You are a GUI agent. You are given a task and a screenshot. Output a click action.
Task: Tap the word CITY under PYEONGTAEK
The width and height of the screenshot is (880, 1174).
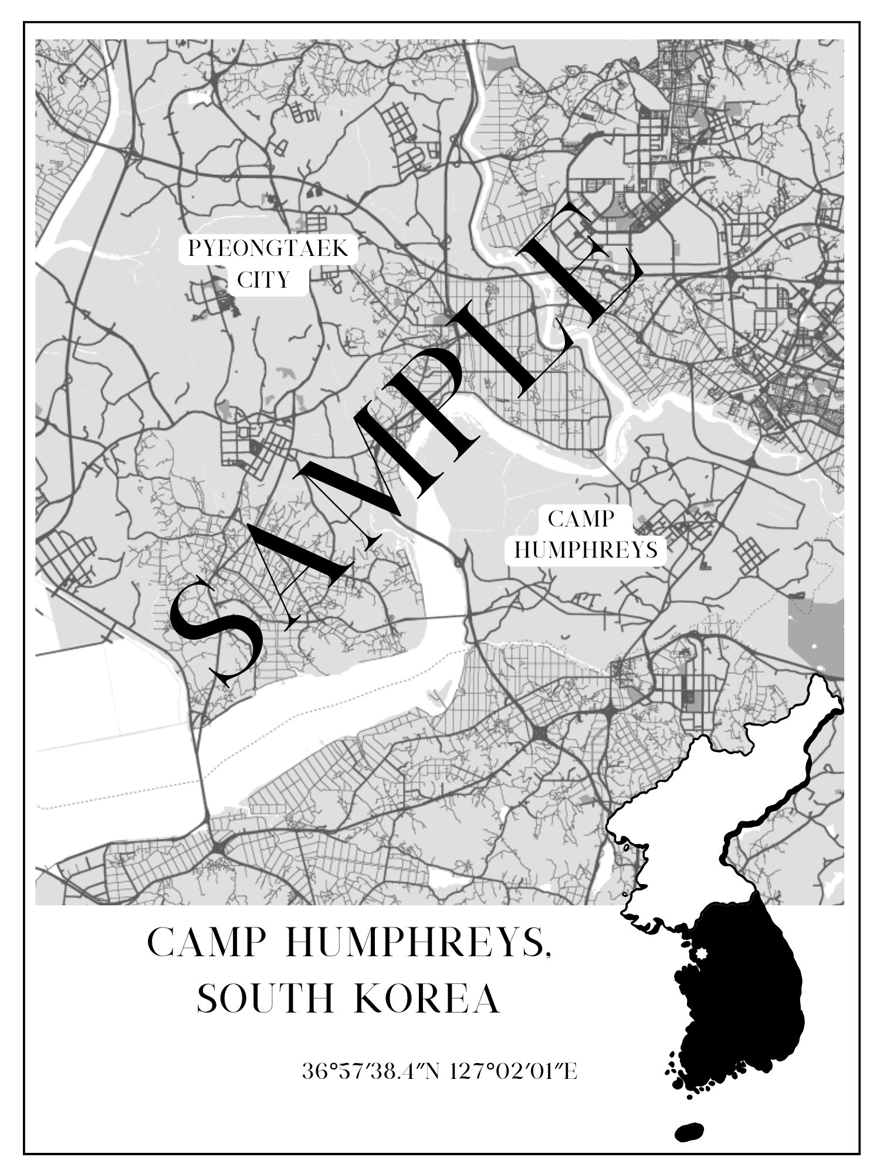pyautogui.click(x=263, y=280)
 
